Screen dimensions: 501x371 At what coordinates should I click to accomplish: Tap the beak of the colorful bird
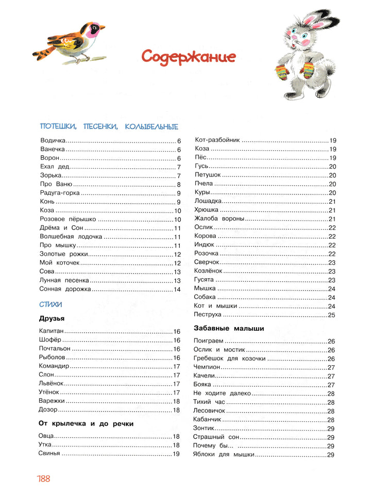(101, 26)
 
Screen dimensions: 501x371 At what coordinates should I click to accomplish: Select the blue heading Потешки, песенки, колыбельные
(109, 127)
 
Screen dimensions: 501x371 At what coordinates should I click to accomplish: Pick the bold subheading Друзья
(51, 318)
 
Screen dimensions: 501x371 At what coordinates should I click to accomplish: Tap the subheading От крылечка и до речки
(86, 424)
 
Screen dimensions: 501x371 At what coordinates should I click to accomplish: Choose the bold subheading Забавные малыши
(229, 328)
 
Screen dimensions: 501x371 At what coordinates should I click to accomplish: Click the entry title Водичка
(53, 140)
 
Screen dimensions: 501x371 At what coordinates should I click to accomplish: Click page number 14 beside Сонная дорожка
(177, 290)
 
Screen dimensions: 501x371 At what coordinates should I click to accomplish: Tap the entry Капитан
(51, 332)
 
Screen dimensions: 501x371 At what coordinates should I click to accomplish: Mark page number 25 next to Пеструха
(332, 315)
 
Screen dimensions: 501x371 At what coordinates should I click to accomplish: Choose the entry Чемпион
(207, 367)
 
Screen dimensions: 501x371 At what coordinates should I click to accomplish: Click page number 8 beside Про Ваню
(179, 184)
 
